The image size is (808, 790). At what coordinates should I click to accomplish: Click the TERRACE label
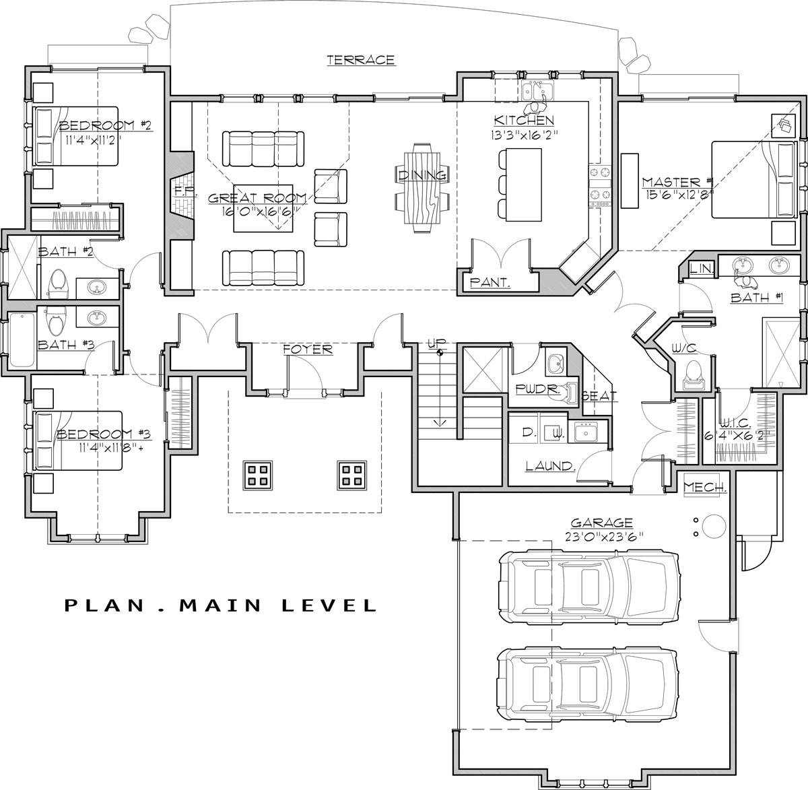[360, 60]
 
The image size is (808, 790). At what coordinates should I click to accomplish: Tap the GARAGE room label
[601, 523]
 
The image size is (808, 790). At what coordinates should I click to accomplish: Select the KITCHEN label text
[524, 121]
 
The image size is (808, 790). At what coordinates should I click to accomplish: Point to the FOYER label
[308, 350]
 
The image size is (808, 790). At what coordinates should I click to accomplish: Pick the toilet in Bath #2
[57, 283]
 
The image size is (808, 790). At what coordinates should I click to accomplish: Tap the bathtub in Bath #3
[22, 340]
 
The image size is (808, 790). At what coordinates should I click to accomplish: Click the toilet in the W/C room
[694, 374]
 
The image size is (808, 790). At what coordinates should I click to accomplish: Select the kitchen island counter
[524, 185]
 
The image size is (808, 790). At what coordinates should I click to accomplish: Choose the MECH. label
[705, 487]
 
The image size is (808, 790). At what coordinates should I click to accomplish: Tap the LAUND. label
[550, 466]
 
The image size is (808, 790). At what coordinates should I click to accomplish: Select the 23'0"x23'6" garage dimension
[604, 537]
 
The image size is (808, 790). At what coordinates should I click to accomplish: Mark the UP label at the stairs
[436, 343]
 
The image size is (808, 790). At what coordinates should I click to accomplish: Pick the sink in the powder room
[555, 364]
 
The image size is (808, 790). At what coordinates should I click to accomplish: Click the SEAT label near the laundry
[600, 396]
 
